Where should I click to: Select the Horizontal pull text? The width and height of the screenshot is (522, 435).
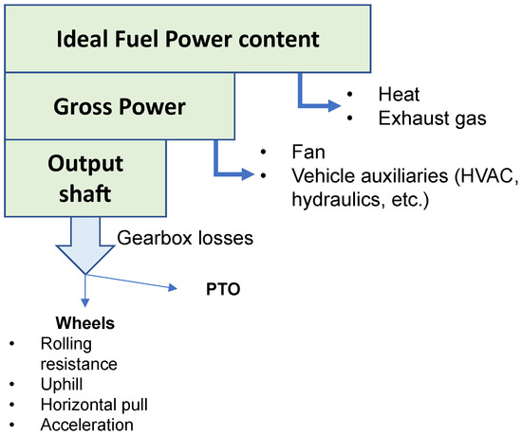[93, 405]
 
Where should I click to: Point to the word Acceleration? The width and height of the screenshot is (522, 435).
[87, 425]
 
